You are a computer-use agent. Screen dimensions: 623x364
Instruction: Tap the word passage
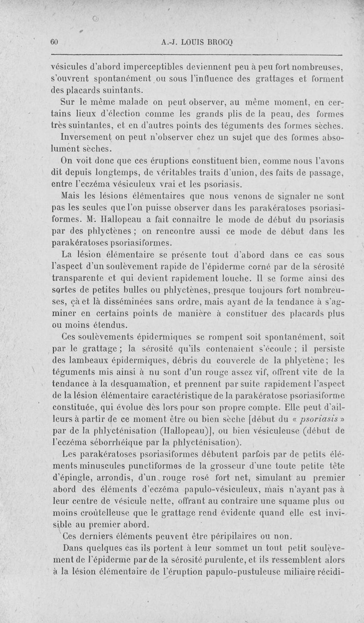(x=324, y=173)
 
